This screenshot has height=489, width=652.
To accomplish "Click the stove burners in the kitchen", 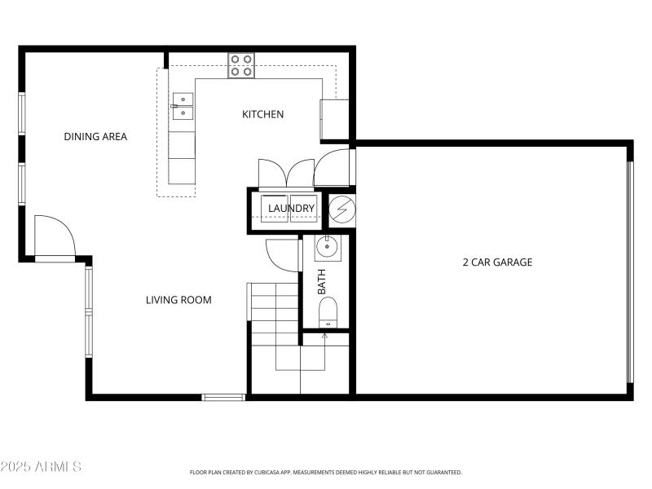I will [240, 65].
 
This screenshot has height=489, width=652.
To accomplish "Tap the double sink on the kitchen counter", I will [183, 106].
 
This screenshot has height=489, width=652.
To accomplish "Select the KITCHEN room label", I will [263, 114].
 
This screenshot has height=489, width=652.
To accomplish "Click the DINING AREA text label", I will [95, 136].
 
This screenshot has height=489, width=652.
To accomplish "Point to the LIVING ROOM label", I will [178, 300].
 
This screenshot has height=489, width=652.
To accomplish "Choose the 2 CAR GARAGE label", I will [497, 262].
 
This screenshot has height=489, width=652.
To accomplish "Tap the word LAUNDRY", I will [291, 209].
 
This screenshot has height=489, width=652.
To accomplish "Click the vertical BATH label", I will [321, 281].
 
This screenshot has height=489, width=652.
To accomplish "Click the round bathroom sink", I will [328, 244].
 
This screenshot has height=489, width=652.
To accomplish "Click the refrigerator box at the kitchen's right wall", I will [335, 119].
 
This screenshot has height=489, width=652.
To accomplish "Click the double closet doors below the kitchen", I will [285, 173].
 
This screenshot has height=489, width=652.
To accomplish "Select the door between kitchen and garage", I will [333, 167].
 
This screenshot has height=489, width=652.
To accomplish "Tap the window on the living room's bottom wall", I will [223, 398].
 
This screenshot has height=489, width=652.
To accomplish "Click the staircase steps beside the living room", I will [275, 314].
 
